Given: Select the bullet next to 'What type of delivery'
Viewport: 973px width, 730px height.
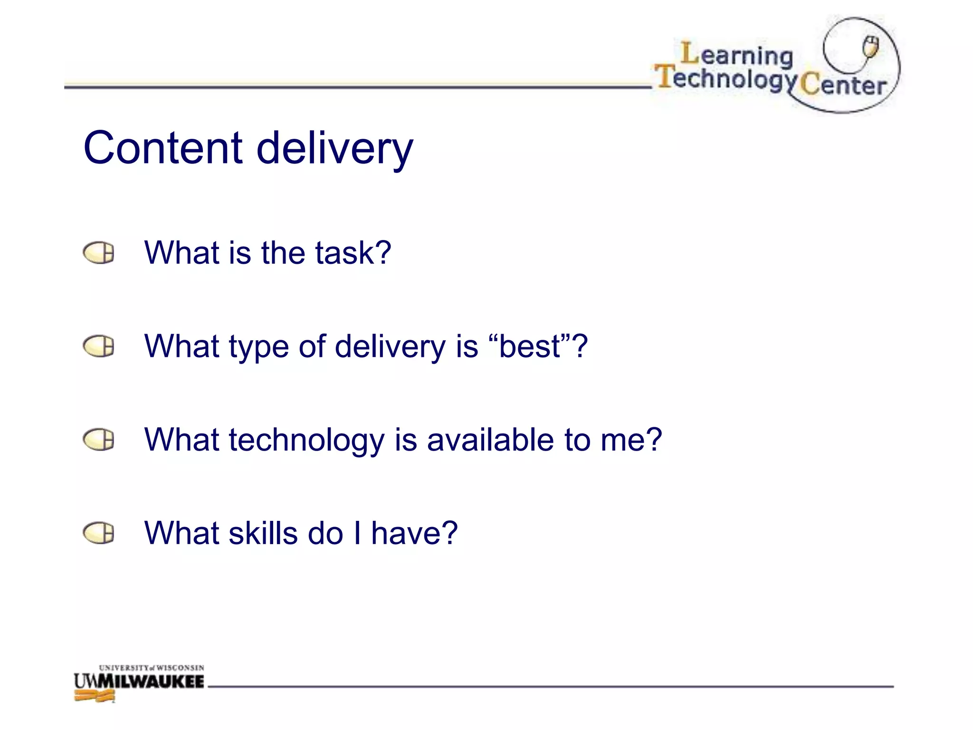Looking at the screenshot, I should click(x=99, y=346).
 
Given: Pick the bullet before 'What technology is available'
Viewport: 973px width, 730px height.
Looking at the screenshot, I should click(x=99, y=440).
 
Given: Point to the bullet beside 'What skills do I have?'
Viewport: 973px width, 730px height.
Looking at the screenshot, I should click(x=99, y=533).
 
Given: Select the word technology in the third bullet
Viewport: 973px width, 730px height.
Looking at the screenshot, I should click(x=306, y=440).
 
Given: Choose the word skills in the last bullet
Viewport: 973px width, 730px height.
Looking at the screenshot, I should click(x=263, y=533).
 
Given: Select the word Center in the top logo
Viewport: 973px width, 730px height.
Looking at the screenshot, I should click(x=843, y=86).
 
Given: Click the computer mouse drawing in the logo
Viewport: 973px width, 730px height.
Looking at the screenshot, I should click(x=871, y=47).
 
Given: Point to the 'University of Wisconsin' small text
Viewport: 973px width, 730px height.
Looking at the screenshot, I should click(x=152, y=668).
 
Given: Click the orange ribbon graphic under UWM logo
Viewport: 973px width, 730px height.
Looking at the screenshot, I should click(x=95, y=697).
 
